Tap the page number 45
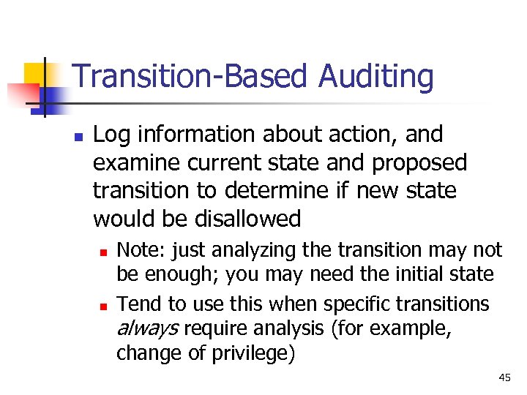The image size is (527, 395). pyautogui.click(x=504, y=377)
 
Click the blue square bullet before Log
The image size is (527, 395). pyautogui.click(x=79, y=136)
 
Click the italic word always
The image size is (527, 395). pyautogui.click(x=148, y=329)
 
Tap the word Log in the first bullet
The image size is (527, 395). pyautogui.click(x=111, y=135)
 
